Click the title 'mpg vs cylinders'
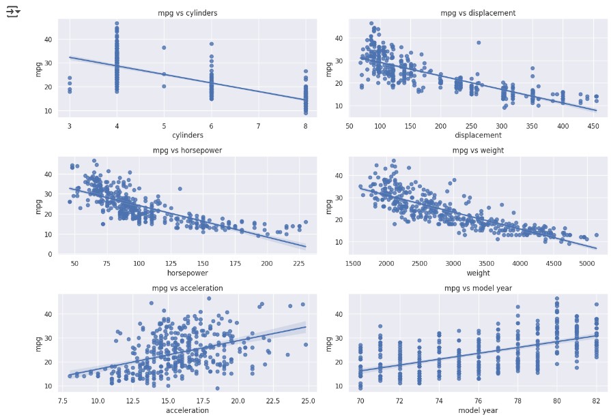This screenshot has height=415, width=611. click(x=187, y=13)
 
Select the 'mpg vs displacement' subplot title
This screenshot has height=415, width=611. click(x=478, y=13)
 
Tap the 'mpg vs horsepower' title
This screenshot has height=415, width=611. click(x=187, y=151)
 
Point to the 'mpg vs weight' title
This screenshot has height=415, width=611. click(x=478, y=151)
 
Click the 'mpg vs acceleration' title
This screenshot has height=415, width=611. click(x=187, y=288)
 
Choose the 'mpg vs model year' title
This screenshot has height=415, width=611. click(x=478, y=288)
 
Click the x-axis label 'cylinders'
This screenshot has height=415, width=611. click(x=187, y=135)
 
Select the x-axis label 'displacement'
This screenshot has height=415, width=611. click(x=478, y=135)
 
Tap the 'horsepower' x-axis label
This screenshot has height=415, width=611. click(x=187, y=273)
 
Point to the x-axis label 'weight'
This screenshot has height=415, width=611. click(x=478, y=273)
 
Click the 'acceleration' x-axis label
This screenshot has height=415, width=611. click(x=187, y=410)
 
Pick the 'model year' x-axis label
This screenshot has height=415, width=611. click(x=478, y=410)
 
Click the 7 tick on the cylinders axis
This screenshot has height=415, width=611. click(x=258, y=126)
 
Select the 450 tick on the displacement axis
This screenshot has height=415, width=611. click(x=594, y=126)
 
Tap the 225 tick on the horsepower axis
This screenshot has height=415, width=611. click(x=292, y=264)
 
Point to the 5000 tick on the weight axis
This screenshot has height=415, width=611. click(x=586, y=264)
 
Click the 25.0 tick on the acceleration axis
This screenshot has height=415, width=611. click(x=308, y=401)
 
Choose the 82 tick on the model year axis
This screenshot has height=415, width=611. click(x=596, y=401)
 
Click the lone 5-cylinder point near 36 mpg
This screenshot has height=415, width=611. click(x=164, y=48)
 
